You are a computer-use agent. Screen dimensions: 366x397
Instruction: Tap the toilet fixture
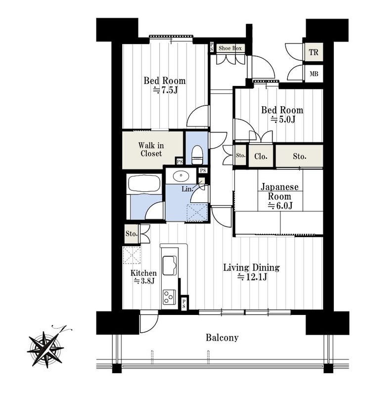coord(197,154)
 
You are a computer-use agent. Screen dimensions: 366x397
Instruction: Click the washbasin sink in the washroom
coord(181,175)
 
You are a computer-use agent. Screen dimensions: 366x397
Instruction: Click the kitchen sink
coord(170,265)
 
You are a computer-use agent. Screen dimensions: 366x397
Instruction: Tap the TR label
coord(314,52)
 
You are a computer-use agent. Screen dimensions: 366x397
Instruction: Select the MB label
coord(314,74)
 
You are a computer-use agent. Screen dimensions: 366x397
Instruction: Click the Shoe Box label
coord(230,48)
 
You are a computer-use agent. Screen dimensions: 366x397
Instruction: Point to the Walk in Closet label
coord(151,150)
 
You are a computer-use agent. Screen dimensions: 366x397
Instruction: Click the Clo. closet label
coord(261,156)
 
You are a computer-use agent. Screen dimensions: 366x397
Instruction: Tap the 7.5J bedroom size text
coord(165,90)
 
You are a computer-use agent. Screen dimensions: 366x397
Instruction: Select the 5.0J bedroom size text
coord(283,119)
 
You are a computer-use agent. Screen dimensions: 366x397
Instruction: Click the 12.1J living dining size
coord(252,277)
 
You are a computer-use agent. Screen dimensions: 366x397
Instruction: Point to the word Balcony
coord(222,338)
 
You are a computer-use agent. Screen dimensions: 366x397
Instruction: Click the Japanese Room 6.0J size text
coord(280,206)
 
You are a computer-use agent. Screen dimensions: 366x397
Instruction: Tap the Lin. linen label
coord(187,189)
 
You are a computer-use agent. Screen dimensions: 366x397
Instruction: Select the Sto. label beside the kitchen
coord(132,233)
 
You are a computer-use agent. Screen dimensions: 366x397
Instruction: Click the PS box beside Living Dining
coord(184,303)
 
